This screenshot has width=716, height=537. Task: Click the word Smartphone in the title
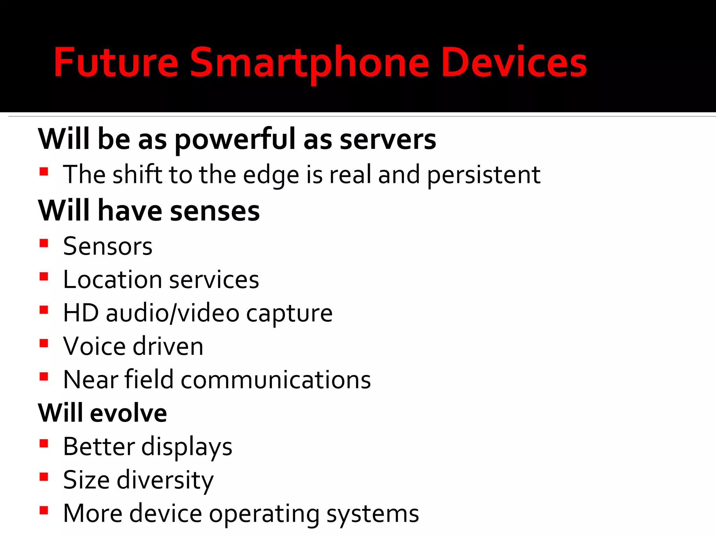point(309,63)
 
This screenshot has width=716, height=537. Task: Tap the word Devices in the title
point(514,63)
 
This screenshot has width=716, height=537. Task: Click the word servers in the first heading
point(388,139)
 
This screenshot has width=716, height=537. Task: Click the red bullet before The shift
point(44,171)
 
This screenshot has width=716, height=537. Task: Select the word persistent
point(484,175)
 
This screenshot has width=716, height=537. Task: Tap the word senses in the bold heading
point(215,211)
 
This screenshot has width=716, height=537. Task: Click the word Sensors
point(108,246)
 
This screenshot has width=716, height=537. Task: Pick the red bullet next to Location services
point(44,277)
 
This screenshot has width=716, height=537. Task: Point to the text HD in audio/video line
point(81,313)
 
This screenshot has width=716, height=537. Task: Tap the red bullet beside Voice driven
point(44,343)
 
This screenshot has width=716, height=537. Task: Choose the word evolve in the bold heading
point(128,413)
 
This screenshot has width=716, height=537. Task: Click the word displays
point(187,447)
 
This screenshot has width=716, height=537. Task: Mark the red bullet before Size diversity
point(44,477)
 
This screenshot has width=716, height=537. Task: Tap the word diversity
point(165,480)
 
